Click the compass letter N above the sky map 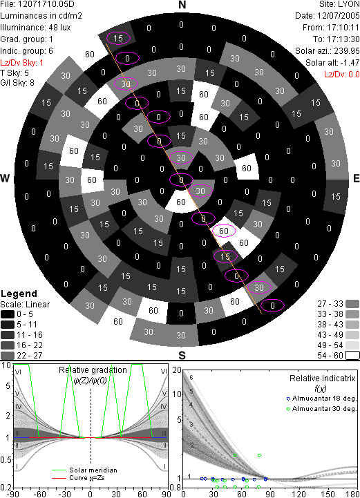pos(182,5)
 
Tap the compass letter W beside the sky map pos(5,178)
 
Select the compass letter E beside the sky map pos(356,178)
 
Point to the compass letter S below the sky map pos(182,356)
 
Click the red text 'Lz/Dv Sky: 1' pos(21,63)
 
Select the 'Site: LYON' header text pos(339,4)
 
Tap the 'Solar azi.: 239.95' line pos(328,51)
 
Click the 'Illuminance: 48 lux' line pos(35,28)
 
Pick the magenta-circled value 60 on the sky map pos(224,231)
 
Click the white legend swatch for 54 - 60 pos(352,356)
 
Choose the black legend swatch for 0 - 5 pos(8,314)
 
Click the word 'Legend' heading pos(19,294)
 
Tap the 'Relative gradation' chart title pos(93,370)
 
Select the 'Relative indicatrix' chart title pos(323,379)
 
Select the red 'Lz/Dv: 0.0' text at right pos(341,75)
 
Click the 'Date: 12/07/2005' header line pos(328,16)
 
